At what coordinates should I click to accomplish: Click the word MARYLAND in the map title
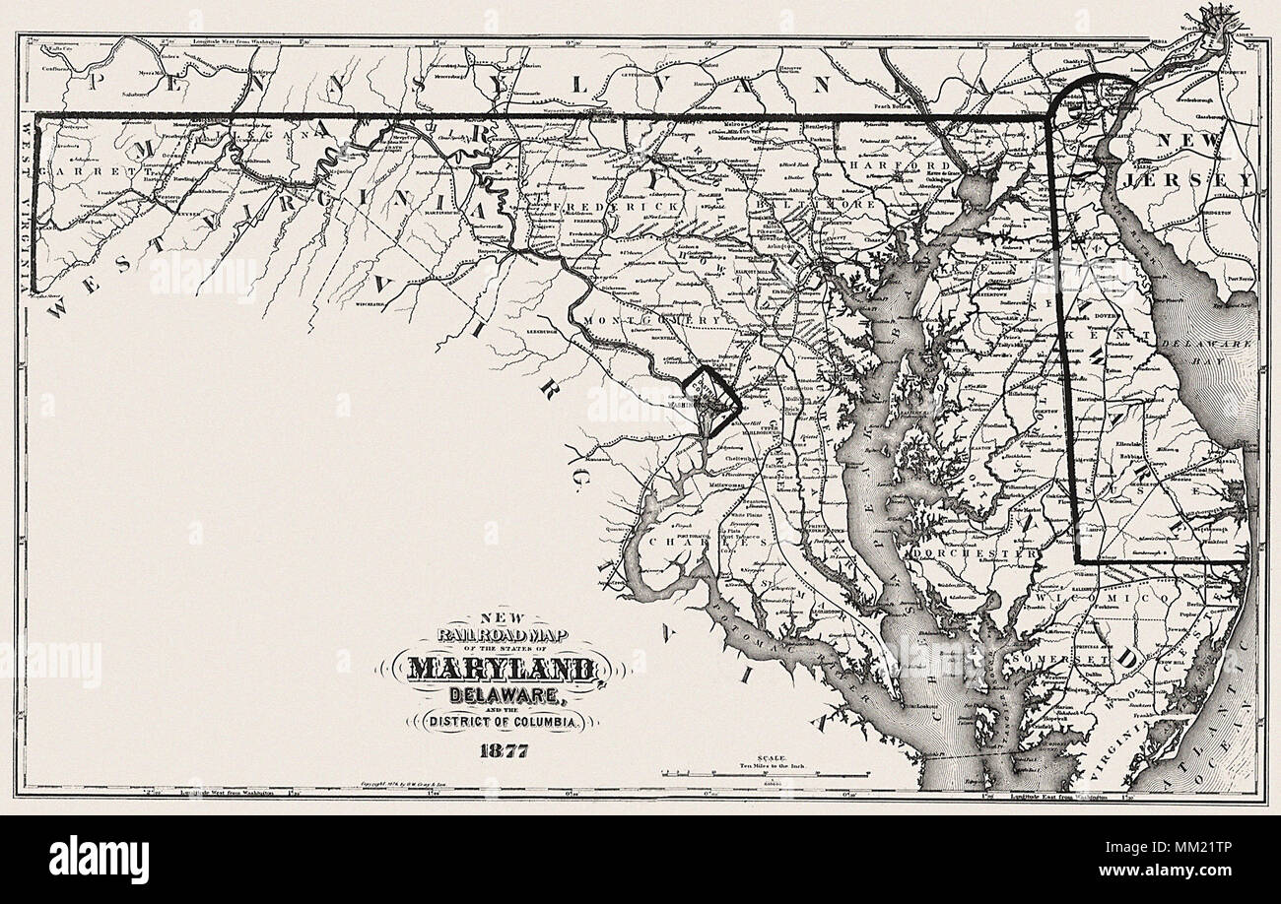coord(499,670)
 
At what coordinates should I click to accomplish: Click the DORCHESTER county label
coord(976,555)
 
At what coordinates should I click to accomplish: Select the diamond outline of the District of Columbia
coord(711,398)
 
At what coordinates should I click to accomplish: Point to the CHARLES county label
coord(701,541)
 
